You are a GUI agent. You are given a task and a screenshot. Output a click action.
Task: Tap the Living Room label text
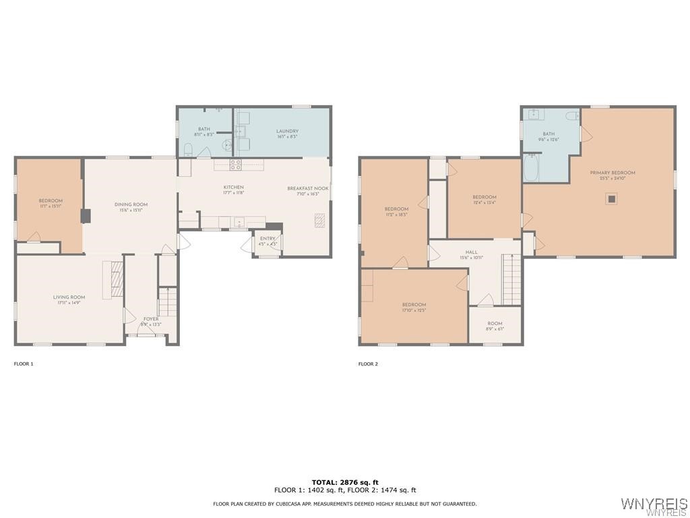(x=69, y=297)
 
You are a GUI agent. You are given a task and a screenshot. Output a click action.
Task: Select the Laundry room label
(x=287, y=132)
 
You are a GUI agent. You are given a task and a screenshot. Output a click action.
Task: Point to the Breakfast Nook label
(x=308, y=189)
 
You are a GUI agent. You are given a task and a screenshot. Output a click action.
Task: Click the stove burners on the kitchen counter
(x=236, y=163)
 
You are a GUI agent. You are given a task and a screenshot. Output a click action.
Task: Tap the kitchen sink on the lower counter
(x=239, y=221)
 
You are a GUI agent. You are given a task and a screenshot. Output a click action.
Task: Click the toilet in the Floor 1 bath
(x=189, y=149)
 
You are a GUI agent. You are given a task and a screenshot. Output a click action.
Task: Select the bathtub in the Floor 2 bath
(x=531, y=168)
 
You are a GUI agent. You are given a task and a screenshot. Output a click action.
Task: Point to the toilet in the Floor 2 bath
(x=572, y=116)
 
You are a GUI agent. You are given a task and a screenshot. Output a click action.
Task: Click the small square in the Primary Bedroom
(x=611, y=198)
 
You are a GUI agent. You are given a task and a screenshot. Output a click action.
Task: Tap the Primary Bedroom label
(x=613, y=173)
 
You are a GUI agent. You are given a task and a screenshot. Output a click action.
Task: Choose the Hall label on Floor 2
(x=472, y=252)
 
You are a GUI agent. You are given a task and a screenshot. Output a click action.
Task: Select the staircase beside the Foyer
(x=167, y=301)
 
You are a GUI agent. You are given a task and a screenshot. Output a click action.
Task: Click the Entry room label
(x=268, y=239)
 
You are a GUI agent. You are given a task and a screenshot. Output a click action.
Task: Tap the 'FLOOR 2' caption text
(x=368, y=364)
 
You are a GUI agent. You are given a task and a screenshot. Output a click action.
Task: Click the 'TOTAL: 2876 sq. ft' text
(x=345, y=482)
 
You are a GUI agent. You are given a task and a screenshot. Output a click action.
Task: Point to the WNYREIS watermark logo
(x=654, y=505)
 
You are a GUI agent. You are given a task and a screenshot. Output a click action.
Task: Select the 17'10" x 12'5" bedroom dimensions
(x=414, y=310)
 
